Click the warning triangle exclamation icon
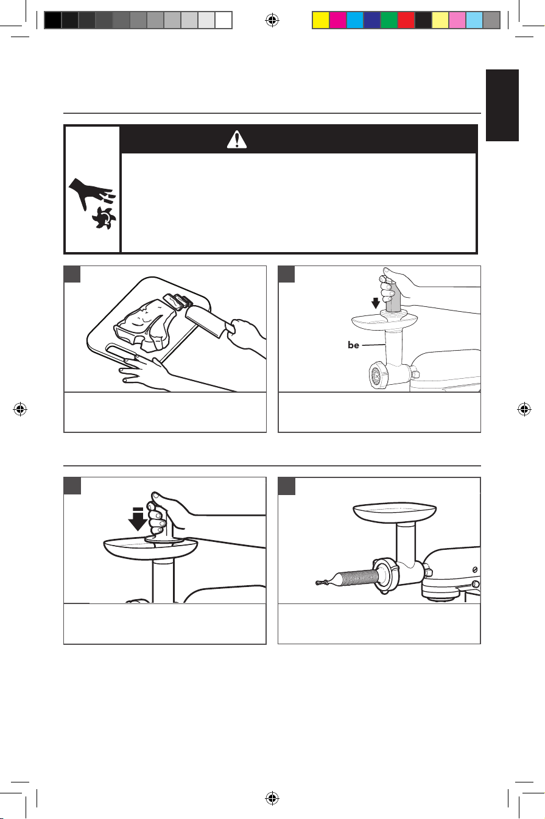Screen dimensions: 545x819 coord(236,139)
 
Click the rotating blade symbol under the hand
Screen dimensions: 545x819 coord(105,217)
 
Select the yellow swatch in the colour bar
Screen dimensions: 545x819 coord(320,20)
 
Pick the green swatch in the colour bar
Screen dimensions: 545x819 coord(389,20)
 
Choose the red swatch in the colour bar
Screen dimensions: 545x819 coord(406,20)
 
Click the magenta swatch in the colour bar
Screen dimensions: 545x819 coord(338,20)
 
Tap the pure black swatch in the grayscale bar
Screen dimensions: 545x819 coord(53,20)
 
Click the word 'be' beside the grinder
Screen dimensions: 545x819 coord(353,345)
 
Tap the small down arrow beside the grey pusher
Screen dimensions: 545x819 coord(375,303)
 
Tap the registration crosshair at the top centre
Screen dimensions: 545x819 coord(272,20)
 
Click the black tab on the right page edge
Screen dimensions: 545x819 coord(502,105)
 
